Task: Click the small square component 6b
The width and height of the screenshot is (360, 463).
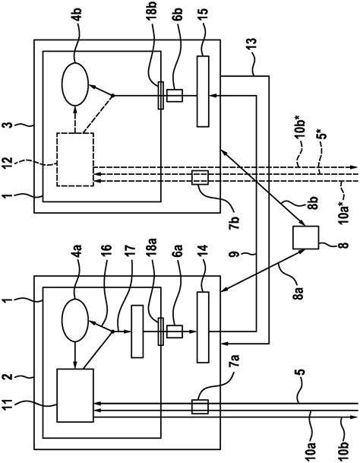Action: (x=172, y=96)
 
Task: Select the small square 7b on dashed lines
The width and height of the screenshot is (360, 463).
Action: (x=201, y=177)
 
